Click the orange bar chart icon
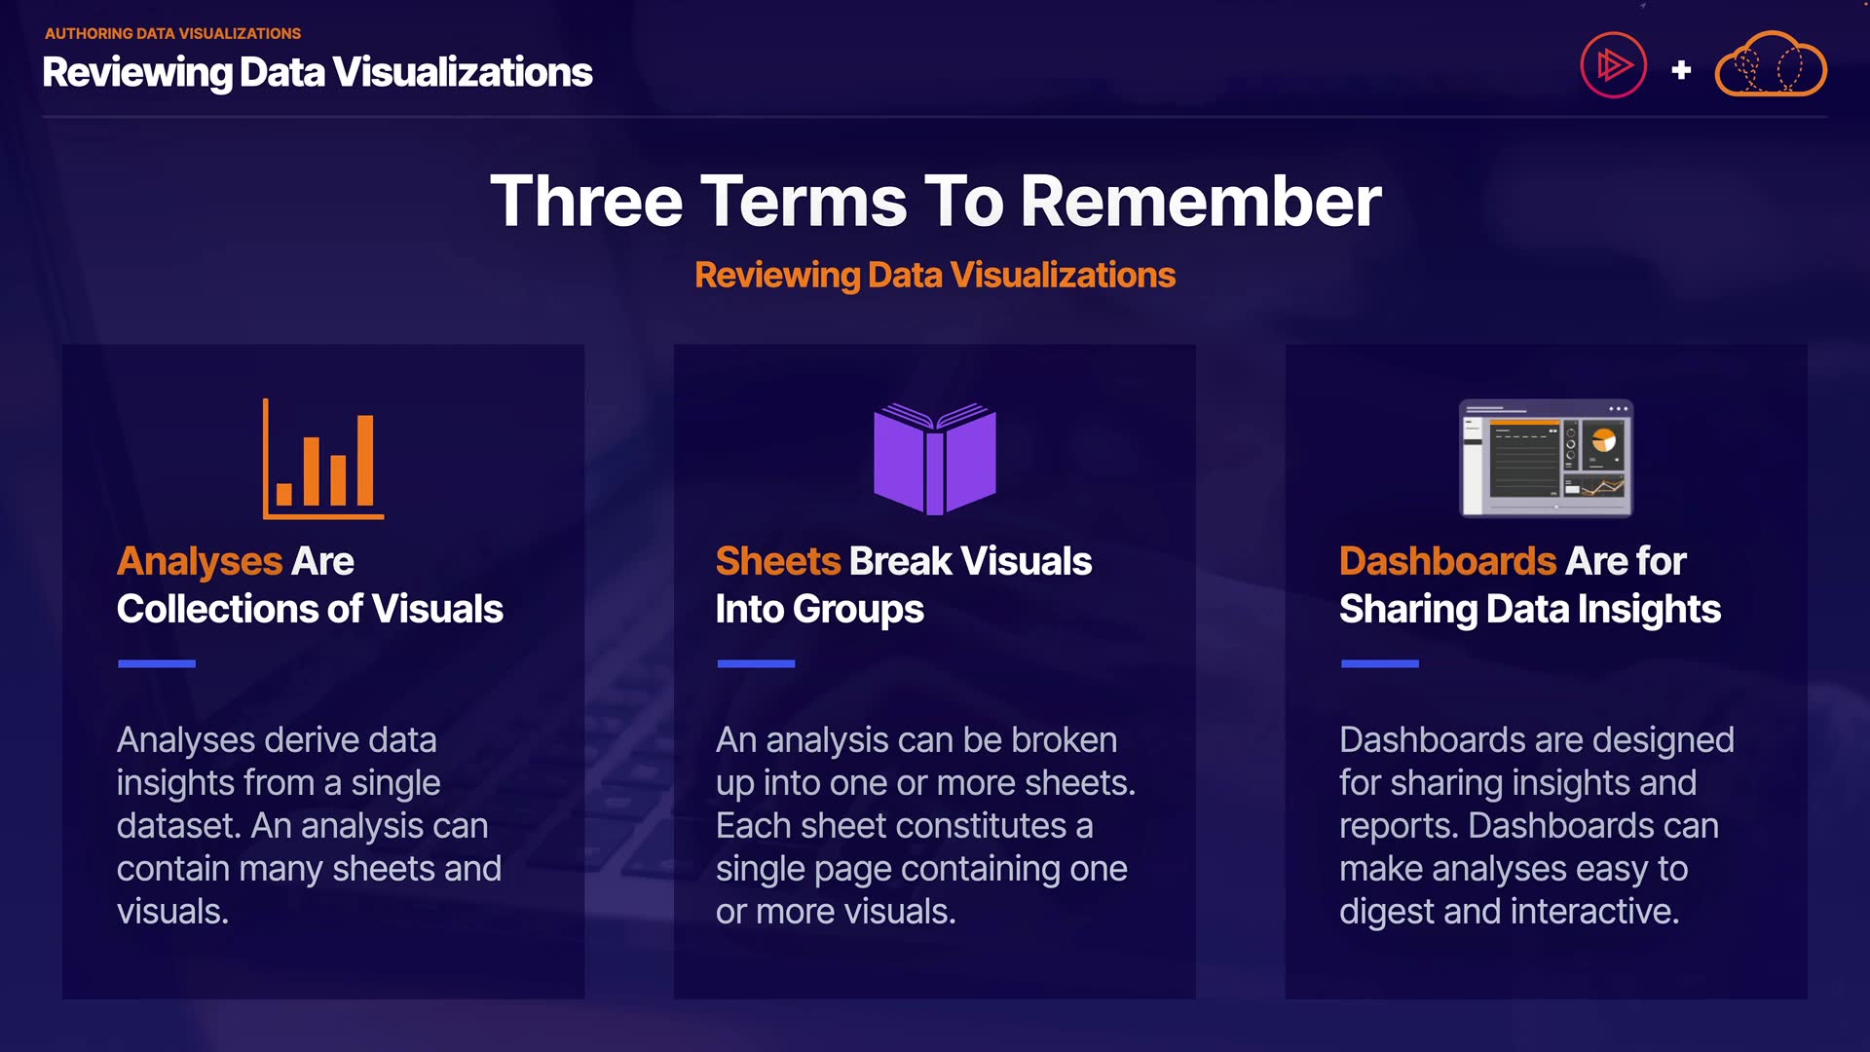tap(323, 459)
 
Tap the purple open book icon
tap(935, 459)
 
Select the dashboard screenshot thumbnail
tap(1546, 458)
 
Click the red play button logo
tap(1614, 66)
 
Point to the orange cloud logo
tap(1771, 65)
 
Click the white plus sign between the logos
tap(1681, 70)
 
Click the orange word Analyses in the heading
tap(200, 562)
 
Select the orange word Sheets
tap(778, 561)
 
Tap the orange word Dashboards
tap(1448, 561)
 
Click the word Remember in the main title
tap(1201, 202)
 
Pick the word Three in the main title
tap(586, 202)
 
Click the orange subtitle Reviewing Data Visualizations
tap(935, 276)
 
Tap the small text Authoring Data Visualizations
tap(173, 33)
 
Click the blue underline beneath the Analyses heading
tap(157, 663)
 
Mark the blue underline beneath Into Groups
tap(756, 663)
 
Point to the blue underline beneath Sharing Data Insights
tap(1380, 663)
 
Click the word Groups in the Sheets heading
tap(858, 611)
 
